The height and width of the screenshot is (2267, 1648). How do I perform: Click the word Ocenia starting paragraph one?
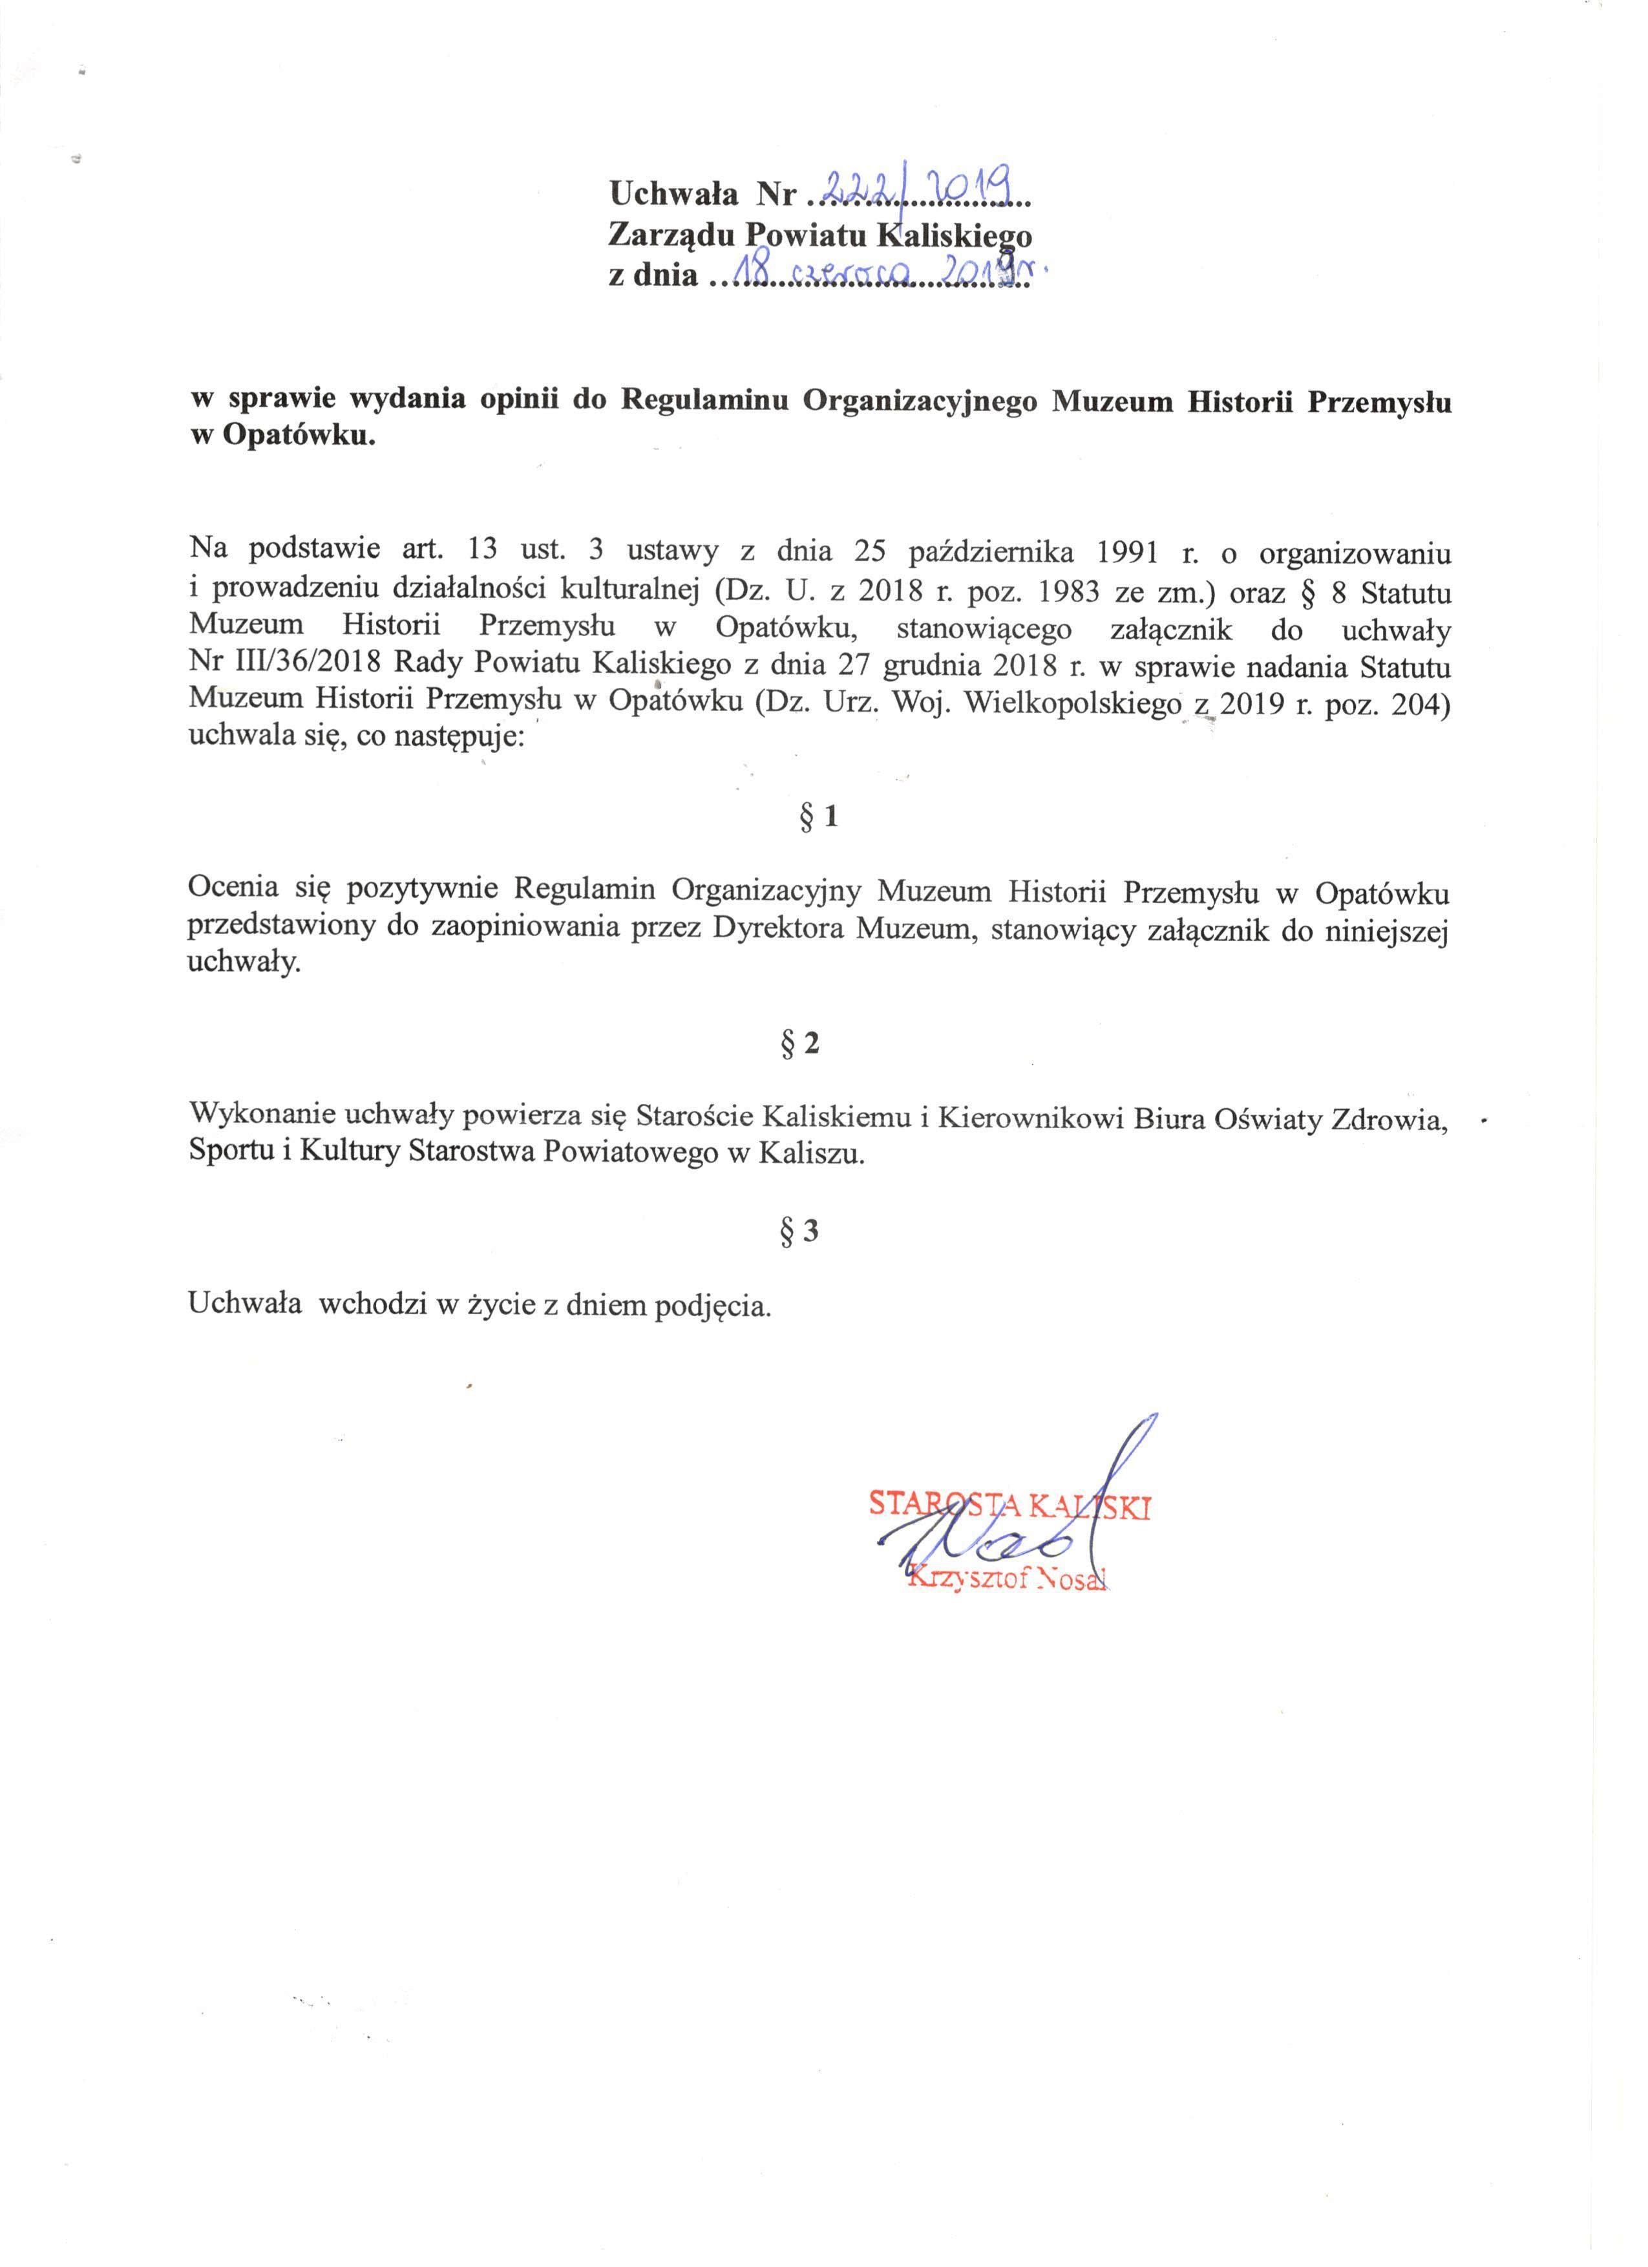pos(234,889)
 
